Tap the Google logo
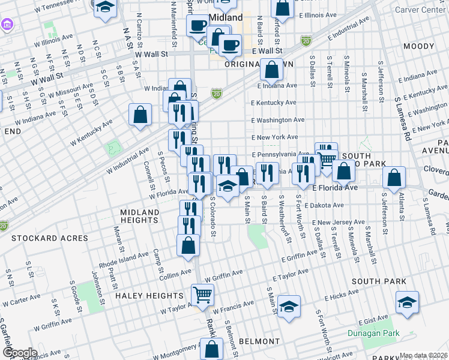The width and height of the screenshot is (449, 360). pos(20,353)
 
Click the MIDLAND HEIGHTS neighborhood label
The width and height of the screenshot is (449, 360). pos(139,216)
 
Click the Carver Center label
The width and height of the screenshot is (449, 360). pos(421,10)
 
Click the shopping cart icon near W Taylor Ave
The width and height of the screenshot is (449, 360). pos(203,295)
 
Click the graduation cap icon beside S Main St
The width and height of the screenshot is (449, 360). pos(289,307)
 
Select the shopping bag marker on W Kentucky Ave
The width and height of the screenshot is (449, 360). pos(140,115)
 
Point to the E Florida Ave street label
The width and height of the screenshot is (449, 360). pos(335,188)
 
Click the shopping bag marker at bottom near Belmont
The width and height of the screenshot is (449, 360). pos(211,349)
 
